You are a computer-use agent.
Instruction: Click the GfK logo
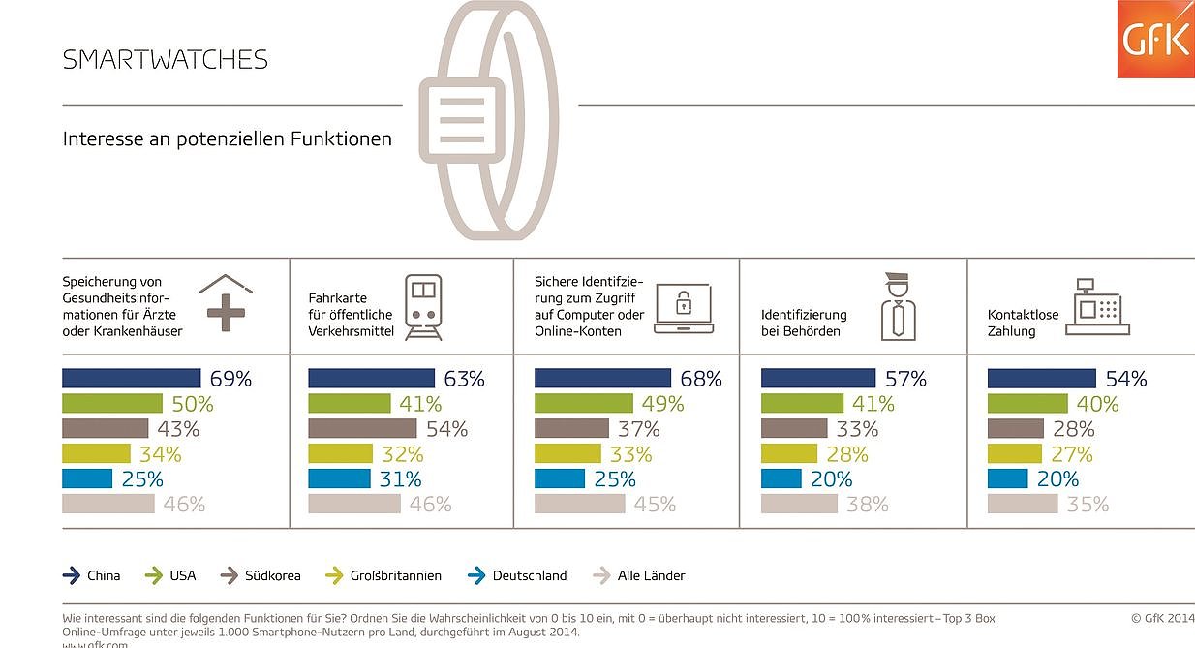(x=1155, y=39)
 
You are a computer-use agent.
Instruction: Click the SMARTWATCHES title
(x=165, y=60)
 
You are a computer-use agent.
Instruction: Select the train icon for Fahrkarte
(x=423, y=306)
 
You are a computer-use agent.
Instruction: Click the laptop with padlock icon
(x=684, y=308)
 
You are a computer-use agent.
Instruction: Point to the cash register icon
(x=1097, y=308)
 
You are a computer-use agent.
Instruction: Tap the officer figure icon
(x=898, y=307)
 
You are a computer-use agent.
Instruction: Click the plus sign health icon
(x=226, y=312)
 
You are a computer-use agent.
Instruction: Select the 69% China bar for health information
(x=132, y=378)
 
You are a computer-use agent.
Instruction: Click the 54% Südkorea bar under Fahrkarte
(x=362, y=428)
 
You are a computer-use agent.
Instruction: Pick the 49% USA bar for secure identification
(x=583, y=403)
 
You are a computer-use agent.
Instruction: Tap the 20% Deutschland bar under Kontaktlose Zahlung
(x=1007, y=478)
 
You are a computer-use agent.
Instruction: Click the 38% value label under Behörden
(x=867, y=504)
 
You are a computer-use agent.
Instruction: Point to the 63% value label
(x=464, y=379)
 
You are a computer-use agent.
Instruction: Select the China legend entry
(x=92, y=575)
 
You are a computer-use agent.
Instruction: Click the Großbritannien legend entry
(x=383, y=575)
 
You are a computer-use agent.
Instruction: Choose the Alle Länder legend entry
(x=639, y=575)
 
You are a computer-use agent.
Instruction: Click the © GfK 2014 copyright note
(x=1162, y=618)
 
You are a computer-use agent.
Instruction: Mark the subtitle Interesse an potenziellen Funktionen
(x=228, y=139)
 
